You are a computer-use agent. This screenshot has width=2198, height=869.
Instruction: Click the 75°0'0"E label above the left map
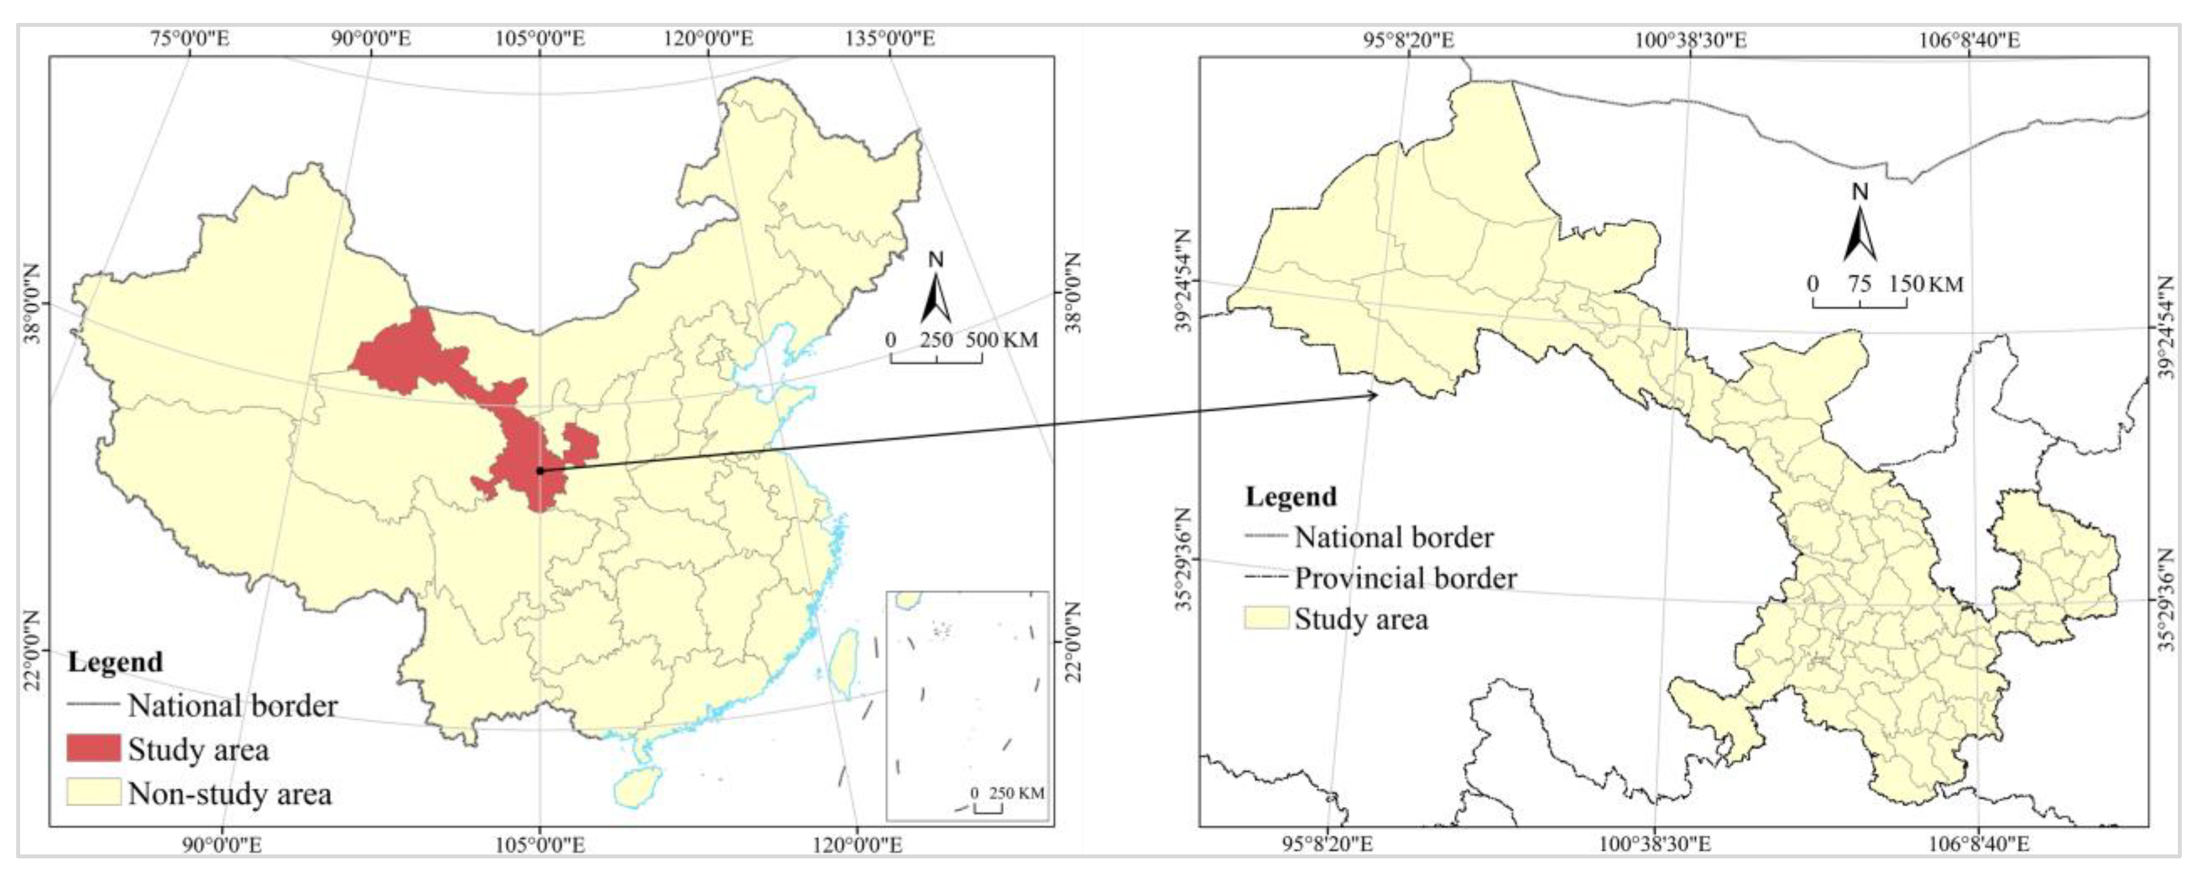[190, 39]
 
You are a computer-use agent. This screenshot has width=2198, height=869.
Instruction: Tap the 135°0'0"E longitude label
[890, 39]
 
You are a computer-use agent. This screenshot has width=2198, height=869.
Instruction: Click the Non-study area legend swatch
[94, 793]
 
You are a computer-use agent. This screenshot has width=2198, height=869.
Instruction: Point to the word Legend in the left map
[115, 662]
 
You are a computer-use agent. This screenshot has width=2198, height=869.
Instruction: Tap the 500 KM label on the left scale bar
[1002, 339]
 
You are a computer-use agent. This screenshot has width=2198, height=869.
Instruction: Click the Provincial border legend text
[1405, 578]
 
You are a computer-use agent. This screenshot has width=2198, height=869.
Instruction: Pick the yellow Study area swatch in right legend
[1266, 618]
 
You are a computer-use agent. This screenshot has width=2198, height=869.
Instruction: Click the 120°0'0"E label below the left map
[854, 844]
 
